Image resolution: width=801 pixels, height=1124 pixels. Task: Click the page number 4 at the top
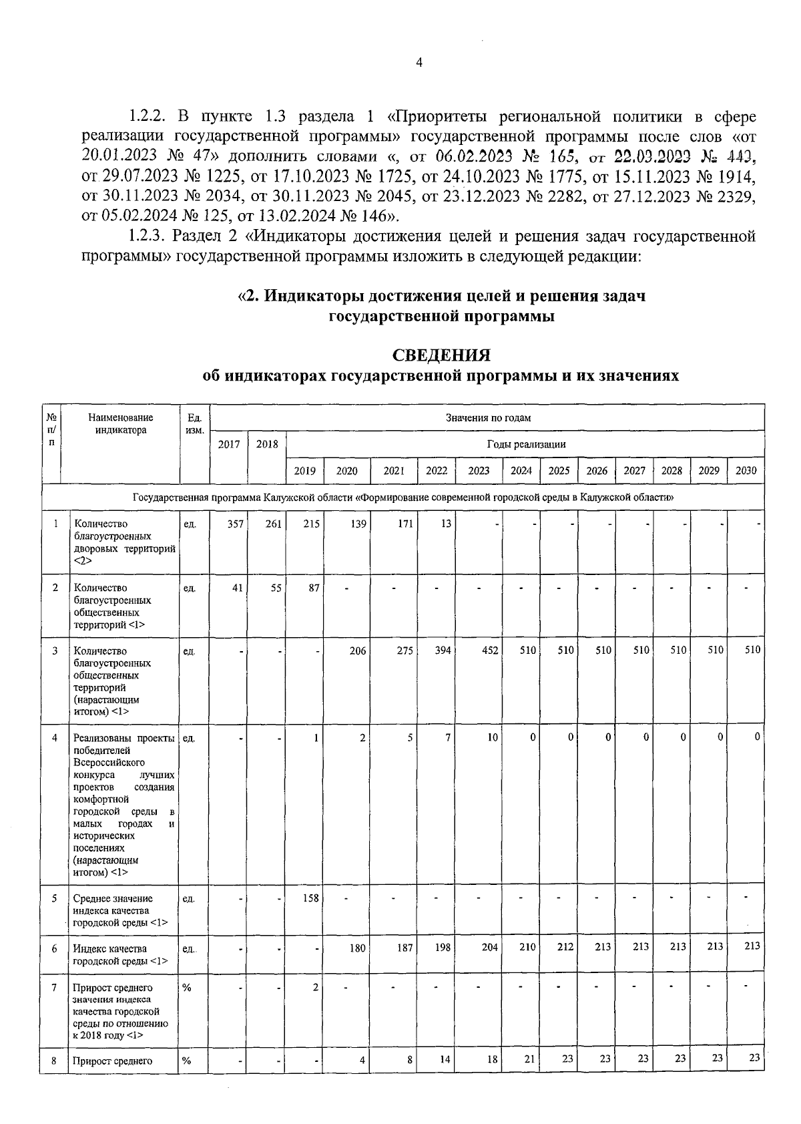[419, 63]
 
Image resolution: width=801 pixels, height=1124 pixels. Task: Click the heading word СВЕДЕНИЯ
[441, 355]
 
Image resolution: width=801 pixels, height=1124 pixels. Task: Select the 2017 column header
[229, 444]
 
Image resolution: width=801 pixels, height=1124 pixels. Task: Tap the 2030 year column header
[746, 470]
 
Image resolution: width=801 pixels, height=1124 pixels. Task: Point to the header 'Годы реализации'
[526, 444]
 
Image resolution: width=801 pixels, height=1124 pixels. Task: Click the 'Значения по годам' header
[488, 418]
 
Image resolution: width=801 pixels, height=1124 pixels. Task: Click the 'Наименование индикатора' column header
[121, 424]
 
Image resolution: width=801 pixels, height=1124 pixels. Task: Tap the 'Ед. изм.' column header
[194, 424]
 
